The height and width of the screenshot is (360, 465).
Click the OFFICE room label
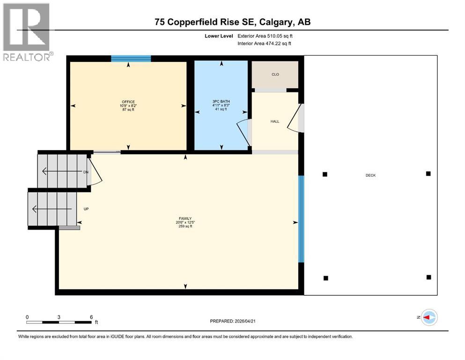[128, 102]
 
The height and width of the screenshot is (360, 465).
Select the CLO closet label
[275, 75]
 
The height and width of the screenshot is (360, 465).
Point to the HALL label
[275, 121]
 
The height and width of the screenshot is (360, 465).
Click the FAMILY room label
[185, 218]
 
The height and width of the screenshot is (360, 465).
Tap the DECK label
[371, 175]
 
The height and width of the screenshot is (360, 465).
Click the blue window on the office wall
[131, 59]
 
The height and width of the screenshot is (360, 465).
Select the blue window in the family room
[302, 219]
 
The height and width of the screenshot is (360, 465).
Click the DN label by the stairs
[86, 172]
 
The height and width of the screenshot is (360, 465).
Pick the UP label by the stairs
[86, 209]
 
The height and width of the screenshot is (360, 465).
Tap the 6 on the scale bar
[91, 317]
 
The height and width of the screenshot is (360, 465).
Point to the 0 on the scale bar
[27, 317]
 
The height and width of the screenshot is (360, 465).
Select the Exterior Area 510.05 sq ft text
[267, 36]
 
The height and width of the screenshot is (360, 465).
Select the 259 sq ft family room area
[185, 226]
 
